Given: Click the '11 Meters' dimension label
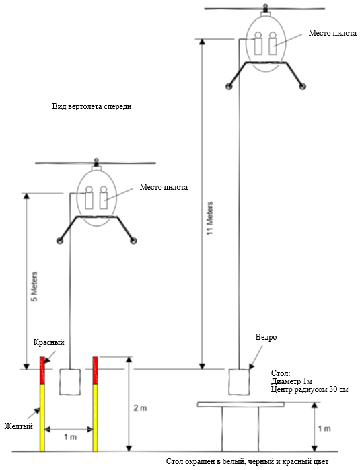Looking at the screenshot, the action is (x=210, y=219).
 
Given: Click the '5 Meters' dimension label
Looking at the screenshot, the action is (x=34, y=286).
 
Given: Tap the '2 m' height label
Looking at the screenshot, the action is (x=140, y=408).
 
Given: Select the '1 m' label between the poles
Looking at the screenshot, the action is (x=70, y=437).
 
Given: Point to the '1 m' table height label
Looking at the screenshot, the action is (x=324, y=428).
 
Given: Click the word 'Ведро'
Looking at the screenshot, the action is (x=266, y=337).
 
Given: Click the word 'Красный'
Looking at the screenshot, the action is (x=48, y=342).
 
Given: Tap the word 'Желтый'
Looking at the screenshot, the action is (x=18, y=426).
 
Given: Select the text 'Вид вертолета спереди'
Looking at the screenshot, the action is (x=92, y=106).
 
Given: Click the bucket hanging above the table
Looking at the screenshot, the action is (x=239, y=382).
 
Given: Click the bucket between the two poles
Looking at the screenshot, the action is (x=70, y=382).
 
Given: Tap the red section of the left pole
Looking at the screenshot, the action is (x=42, y=370).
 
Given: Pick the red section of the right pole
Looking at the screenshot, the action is (x=96, y=370).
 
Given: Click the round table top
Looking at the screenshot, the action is (x=241, y=405).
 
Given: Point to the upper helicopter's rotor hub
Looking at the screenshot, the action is (x=265, y=7).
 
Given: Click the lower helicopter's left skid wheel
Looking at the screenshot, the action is (x=60, y=241).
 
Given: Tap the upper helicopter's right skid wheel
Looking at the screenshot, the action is (x=303, y=87).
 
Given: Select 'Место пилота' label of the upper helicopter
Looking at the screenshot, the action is (x=332, y=33).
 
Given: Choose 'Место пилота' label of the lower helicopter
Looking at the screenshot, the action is (x=164, y=187).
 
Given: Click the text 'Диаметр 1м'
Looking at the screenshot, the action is (x=291, y=381).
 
